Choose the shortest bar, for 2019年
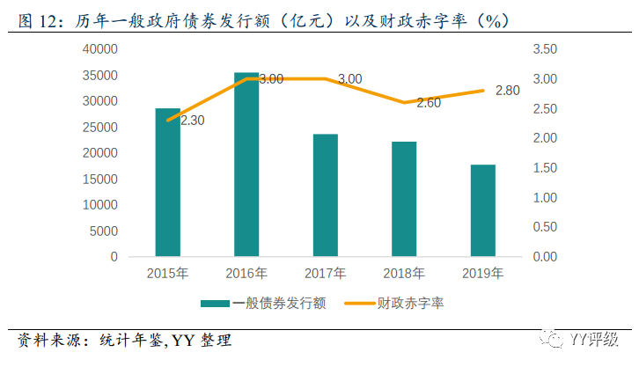[x=482, y=210]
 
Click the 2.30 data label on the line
[x=192, y=121]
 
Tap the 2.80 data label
[x=508, y=91]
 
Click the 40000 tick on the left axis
[x=100, y=49]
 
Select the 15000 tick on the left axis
[x=100, y=179]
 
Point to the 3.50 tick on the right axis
[x=545, y=49]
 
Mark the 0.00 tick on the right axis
[x=545, y=256]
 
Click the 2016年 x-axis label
[x=246, y=274]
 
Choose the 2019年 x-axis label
[x=482, y=274]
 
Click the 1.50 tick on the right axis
[x=545, y=167]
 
